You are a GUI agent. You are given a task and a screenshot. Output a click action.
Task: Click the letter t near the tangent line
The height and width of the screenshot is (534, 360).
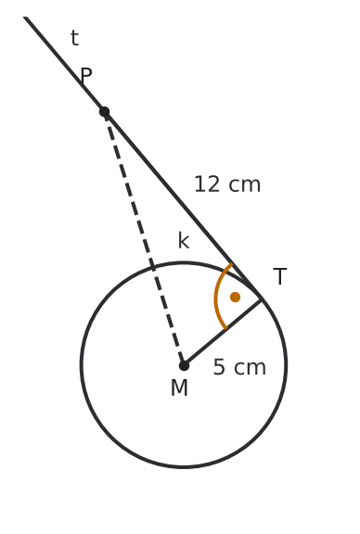[x=74, y=38]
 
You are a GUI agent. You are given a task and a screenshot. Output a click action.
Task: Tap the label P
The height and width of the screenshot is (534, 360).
[x=86, y=75]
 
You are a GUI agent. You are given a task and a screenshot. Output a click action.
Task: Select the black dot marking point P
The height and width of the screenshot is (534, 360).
[x=104, y=111]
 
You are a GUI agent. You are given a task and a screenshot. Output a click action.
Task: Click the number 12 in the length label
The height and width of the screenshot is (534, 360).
[x=207, y=184]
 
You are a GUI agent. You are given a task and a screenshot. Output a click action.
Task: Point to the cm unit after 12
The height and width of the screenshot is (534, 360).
[x=244, y=185]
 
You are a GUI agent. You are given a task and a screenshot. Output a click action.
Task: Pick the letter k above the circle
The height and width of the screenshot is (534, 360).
[x=184, y=241]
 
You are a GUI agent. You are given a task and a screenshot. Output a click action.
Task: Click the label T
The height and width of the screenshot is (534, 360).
[x=280, y=276]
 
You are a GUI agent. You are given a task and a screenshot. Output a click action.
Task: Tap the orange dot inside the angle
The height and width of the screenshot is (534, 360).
[x=235, y=297]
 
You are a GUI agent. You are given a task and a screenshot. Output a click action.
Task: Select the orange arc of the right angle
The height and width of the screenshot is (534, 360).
[x=215, y=297]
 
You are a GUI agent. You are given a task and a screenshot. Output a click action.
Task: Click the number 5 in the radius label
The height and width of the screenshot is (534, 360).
[x=219, y=367]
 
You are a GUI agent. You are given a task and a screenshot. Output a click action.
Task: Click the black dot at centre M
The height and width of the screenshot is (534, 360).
[x=184, y=365]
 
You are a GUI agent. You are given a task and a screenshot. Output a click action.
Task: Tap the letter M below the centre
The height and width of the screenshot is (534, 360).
[x=179, y=388]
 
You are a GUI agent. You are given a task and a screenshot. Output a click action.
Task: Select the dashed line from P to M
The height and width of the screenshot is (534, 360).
[x=144, y=238]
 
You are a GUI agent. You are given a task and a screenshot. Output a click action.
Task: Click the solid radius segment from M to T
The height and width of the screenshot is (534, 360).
[x=223, y=333]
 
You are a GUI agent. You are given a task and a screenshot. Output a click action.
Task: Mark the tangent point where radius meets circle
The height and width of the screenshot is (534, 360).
[x=262, y=299]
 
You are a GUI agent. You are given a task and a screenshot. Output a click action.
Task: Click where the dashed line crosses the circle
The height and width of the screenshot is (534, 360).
[x=153, y=267]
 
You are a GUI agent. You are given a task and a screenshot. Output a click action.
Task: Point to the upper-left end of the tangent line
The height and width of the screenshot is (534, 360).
[x=25, y=17]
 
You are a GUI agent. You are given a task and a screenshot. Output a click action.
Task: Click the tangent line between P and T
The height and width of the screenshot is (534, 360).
[x=183, y=206]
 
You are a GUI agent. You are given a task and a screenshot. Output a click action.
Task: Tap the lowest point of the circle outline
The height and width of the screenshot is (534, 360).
[x=184, y=467]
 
